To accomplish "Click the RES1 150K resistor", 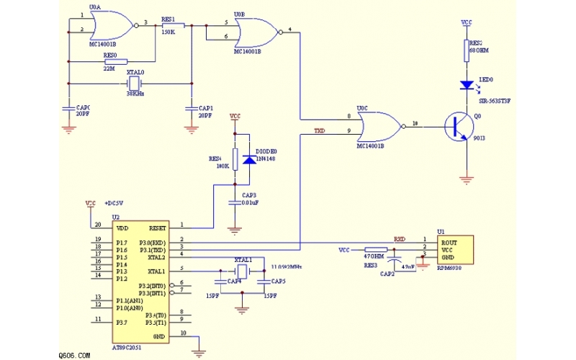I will pos(174,26).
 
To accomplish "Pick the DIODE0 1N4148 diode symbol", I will pos(249,158).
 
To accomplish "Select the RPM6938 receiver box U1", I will pos(456,249).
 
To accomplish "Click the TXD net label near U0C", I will pos(320,131).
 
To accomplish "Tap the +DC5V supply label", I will pos(115,203).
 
